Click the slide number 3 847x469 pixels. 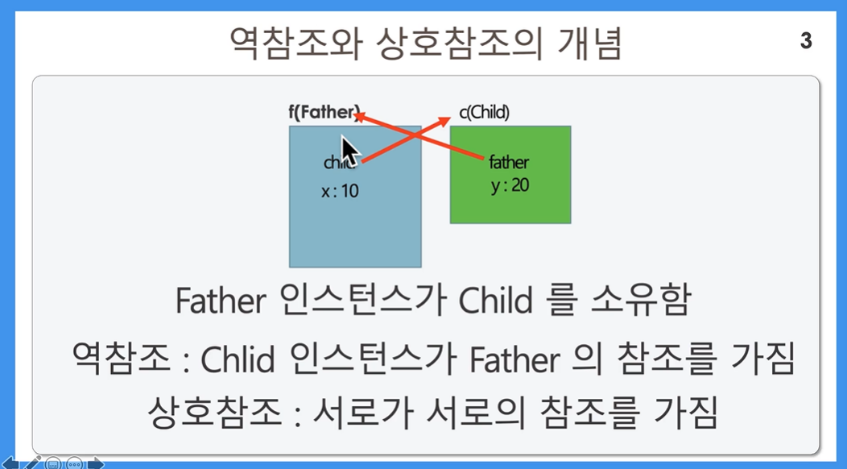(x=806, y=40)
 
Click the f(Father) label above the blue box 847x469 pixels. (x=324, y=113)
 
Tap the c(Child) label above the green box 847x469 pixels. (x=485, y=113)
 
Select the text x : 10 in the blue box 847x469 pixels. (x=340, y=191)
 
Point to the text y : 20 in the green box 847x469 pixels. (x=510, y=185)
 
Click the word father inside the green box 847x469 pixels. (x=509, y=162)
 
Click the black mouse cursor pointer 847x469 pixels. (x=350, y=151)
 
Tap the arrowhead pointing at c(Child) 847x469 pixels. (x=444, y=121)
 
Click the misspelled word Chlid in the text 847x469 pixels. (x=238, y=359)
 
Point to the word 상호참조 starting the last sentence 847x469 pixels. (x=214, y=413)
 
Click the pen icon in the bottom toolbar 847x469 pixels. (x=32, y=463)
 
